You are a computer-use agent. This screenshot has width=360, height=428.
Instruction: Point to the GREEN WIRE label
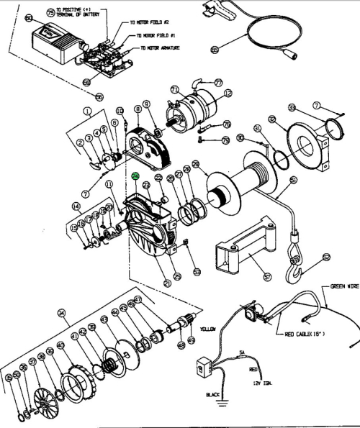pos(343,285)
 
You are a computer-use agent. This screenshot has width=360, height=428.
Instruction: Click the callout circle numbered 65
pos(214,50)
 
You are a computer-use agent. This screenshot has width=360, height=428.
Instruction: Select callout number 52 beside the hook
pos(325,257)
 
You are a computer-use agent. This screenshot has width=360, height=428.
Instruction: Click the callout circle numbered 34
pos(60,313)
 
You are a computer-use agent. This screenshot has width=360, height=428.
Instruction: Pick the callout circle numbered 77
pos(218,83)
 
